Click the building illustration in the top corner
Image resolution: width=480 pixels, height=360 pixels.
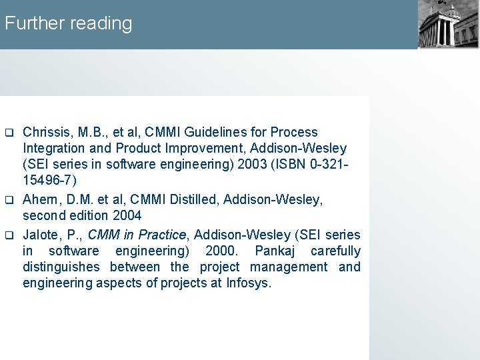[448, 24]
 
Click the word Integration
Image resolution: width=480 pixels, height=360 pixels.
[54, 148]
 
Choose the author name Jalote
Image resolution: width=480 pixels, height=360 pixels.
[43, 235]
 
